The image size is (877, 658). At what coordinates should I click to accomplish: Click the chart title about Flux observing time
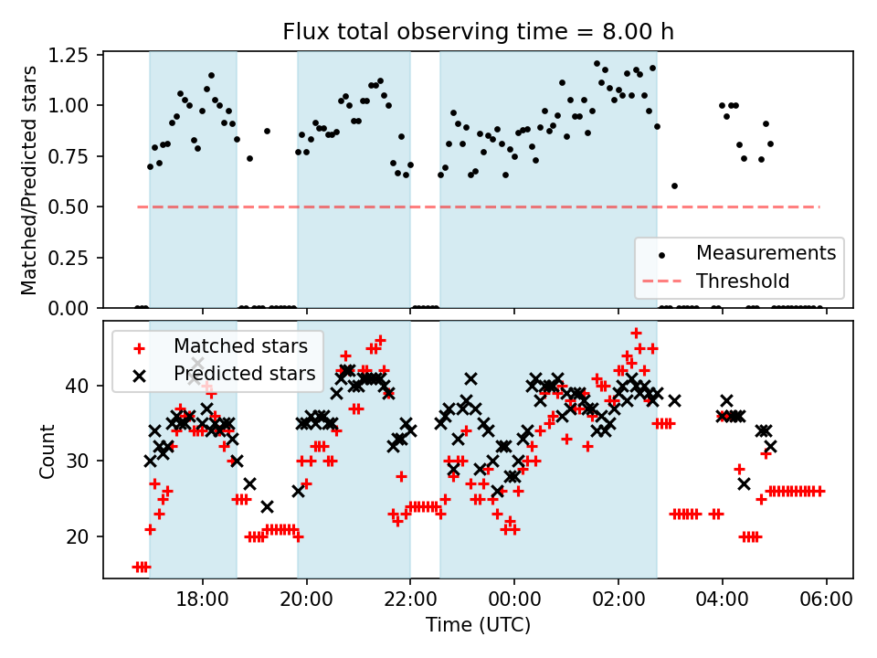pyautogui.click(x=478, y=32)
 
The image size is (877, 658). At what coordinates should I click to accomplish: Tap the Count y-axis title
pyautogui.click(x=48, y=451)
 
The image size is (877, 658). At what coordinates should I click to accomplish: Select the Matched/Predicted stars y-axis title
pyautogui.click(x=29, y=180)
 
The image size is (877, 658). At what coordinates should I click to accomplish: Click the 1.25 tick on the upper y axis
pyautogui.click(x=69, y=55)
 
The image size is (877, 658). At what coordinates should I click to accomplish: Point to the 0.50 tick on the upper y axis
pyautogui.click(x=69, y=207)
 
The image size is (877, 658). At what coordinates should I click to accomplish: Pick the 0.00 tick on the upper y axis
pyautogui.click(x=69, y=309)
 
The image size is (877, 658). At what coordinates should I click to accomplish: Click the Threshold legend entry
pyautogui.click(x=742, y=281)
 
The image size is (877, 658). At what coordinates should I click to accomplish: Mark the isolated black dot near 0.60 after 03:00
pyautogui.click(x=674, y=186)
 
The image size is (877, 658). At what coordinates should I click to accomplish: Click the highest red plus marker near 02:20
pyautogui.click(x=636, y=333)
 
